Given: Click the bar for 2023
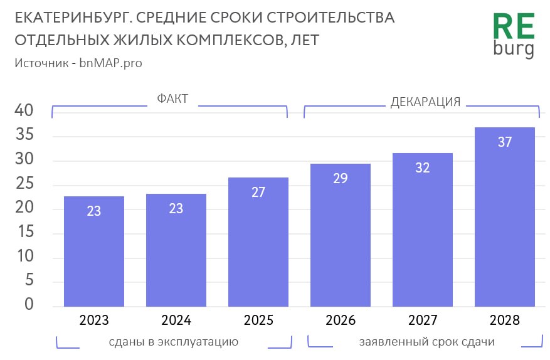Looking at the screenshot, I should tap(94, 251).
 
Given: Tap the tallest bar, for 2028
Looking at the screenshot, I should tap(505, 217).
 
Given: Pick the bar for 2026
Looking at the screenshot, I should tap(341, 235).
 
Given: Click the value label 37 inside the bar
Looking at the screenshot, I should tap(505, 142).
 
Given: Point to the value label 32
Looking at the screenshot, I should tap(423, 167).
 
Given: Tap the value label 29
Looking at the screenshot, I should tap(341, 178).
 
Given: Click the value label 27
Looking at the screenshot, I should tap(258, 192).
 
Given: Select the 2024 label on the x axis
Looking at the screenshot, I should tap(176, 320).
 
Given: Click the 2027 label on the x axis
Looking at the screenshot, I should tap(423, 320).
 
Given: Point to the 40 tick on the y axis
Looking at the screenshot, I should tap(24, 111).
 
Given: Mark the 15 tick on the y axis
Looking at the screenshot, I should tap(24, 233).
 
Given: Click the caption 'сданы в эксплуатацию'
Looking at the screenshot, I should tap(173, 342).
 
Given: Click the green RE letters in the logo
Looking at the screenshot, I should tap(514, 27).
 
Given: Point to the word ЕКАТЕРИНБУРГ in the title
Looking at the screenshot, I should tap(68, 18).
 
